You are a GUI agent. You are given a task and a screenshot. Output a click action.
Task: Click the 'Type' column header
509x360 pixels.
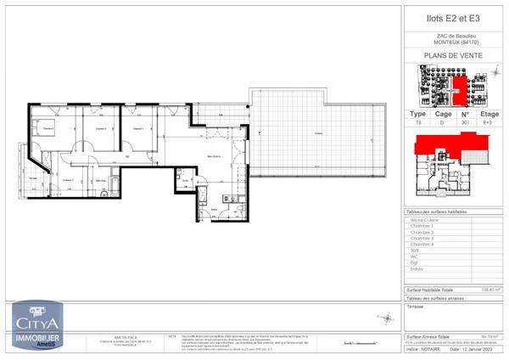point(418,113)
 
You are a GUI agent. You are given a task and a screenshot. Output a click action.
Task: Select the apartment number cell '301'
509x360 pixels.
point(464,122)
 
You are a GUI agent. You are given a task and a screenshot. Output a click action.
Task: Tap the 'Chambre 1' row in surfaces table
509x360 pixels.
point(422,226)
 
